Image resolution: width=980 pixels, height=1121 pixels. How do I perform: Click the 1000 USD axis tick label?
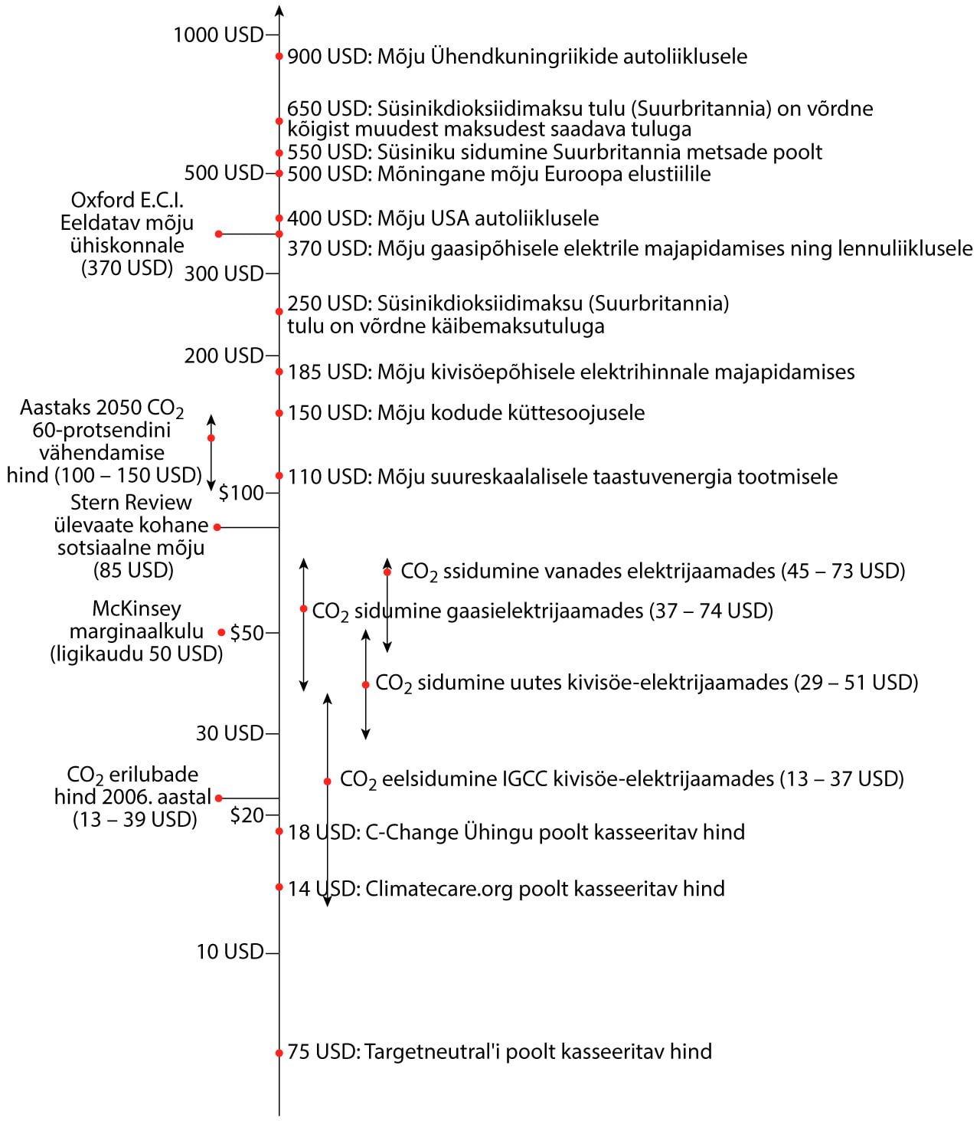tap(217, 34)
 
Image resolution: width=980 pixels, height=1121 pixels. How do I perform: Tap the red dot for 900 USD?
tap(279, 57)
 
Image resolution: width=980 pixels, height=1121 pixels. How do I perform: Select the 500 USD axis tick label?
tap(224, 173)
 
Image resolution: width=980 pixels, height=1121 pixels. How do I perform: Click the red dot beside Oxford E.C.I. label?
tap(219, 234)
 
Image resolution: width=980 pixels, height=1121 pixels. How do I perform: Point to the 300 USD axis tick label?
tap(224, 274)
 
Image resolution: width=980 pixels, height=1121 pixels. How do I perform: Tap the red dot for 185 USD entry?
tap(279, 372)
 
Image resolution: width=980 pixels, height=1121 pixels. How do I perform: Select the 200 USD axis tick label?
tap(224, 356)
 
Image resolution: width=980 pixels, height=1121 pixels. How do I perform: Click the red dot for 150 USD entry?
tap(279, 413)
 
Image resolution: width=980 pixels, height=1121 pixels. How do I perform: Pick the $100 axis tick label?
tap(241, 493)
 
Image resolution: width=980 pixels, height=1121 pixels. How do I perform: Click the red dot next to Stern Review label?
tap(217, 527)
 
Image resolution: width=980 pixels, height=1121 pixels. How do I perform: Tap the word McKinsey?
tap(136, 608)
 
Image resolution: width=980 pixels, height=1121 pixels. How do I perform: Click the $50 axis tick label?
tap(247, 633)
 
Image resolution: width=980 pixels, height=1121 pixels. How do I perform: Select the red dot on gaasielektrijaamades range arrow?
tap(304, 609)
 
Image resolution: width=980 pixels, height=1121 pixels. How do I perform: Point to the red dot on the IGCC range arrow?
tap(327, 781)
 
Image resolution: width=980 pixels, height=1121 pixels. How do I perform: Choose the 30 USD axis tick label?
tap(230, 733)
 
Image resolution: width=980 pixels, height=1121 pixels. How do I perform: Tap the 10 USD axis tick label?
tap(230, 952)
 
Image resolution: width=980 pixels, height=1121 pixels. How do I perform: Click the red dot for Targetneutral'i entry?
tap(279, 1053)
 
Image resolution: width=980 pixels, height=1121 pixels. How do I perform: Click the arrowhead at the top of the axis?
tap(279, 11)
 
